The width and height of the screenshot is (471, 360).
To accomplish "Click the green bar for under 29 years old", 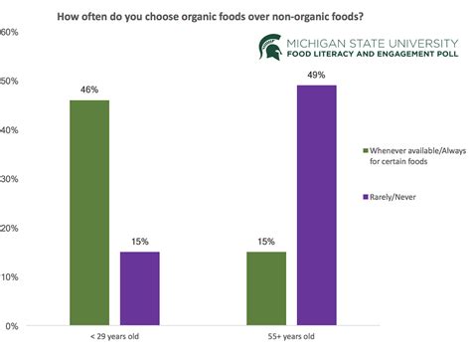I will pyautogui.click(x=88, y=213).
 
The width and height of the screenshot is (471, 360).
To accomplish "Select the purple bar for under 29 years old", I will pyautogui.click(x=140, y=288).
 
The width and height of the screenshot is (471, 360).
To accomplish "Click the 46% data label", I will pyautogui.click(x=88, y=90).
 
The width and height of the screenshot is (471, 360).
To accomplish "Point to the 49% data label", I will pyautogui.click(x=317, y=75).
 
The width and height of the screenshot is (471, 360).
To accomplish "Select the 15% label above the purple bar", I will pyautogui.click(x=140, y=240).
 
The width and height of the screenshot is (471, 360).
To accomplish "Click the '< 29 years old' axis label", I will pyautogui.click(x=114, y=339).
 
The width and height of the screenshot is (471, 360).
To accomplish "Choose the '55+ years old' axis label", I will pyautogui.click(x=290, y=339).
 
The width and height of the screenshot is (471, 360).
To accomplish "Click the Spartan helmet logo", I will pyautogui.click(x=269, y=46).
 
